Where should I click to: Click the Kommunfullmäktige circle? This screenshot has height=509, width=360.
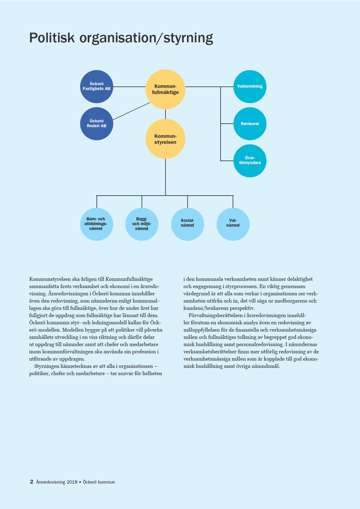point(165,89)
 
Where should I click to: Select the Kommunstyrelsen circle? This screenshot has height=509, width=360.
point(165,139)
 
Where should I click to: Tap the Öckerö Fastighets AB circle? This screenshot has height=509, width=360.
point(97,86)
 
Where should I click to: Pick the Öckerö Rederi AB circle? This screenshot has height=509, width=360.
point(97,124)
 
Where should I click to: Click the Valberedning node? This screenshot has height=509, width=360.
point(250,86)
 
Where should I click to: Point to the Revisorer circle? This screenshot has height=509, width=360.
point(250,124)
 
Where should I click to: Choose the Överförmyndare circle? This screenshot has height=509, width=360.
point(250,161)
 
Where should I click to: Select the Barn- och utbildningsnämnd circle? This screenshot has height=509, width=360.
point(97,224)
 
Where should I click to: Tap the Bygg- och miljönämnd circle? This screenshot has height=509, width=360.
point(142,224)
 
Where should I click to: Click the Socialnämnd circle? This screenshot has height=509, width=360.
point(187,224)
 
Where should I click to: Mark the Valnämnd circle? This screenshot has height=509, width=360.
point(233,224)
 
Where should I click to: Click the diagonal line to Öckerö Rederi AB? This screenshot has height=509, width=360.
point(131,111)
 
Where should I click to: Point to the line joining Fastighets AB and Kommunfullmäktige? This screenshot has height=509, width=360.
point(129,86)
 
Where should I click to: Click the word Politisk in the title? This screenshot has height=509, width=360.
point(52,38)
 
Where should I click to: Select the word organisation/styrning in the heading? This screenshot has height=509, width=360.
point(146,38)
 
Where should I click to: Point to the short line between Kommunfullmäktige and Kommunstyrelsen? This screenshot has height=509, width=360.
point(165,114)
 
